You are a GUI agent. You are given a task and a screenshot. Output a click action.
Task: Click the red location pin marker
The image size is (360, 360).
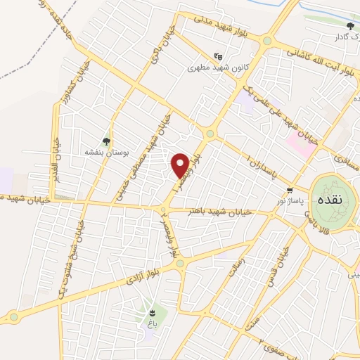tap(180, 165)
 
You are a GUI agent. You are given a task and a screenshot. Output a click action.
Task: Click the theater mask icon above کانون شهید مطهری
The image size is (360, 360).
tap(218, 56)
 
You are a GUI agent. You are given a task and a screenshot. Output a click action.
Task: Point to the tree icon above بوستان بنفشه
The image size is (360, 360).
tap(107, 141)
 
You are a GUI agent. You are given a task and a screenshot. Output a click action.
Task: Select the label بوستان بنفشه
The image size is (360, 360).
tap(105, 153)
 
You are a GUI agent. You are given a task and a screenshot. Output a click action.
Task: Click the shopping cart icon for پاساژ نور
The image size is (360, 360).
tap(290, 191)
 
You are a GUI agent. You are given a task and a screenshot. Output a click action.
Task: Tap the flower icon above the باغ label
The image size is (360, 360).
tap(154, 311)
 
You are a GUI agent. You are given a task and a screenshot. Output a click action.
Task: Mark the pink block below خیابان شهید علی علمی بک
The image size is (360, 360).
tap(301, 145)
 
